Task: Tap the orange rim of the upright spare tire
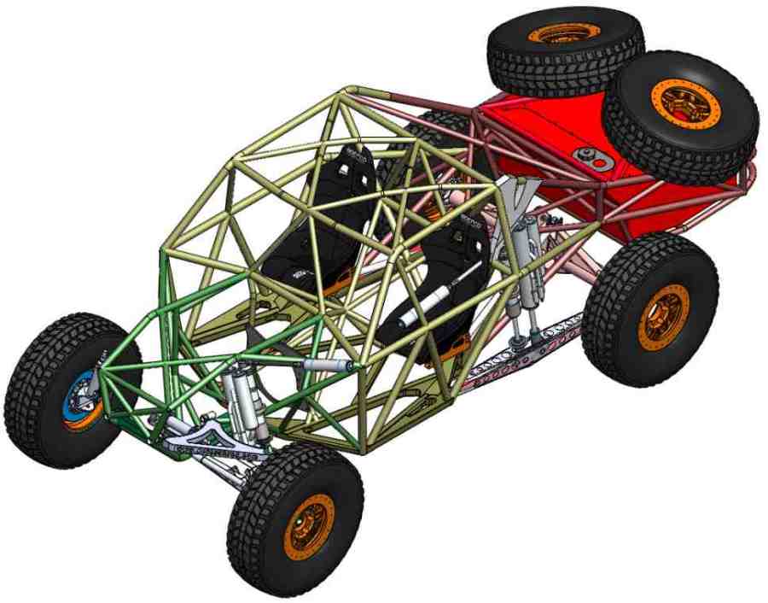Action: [684, 103]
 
